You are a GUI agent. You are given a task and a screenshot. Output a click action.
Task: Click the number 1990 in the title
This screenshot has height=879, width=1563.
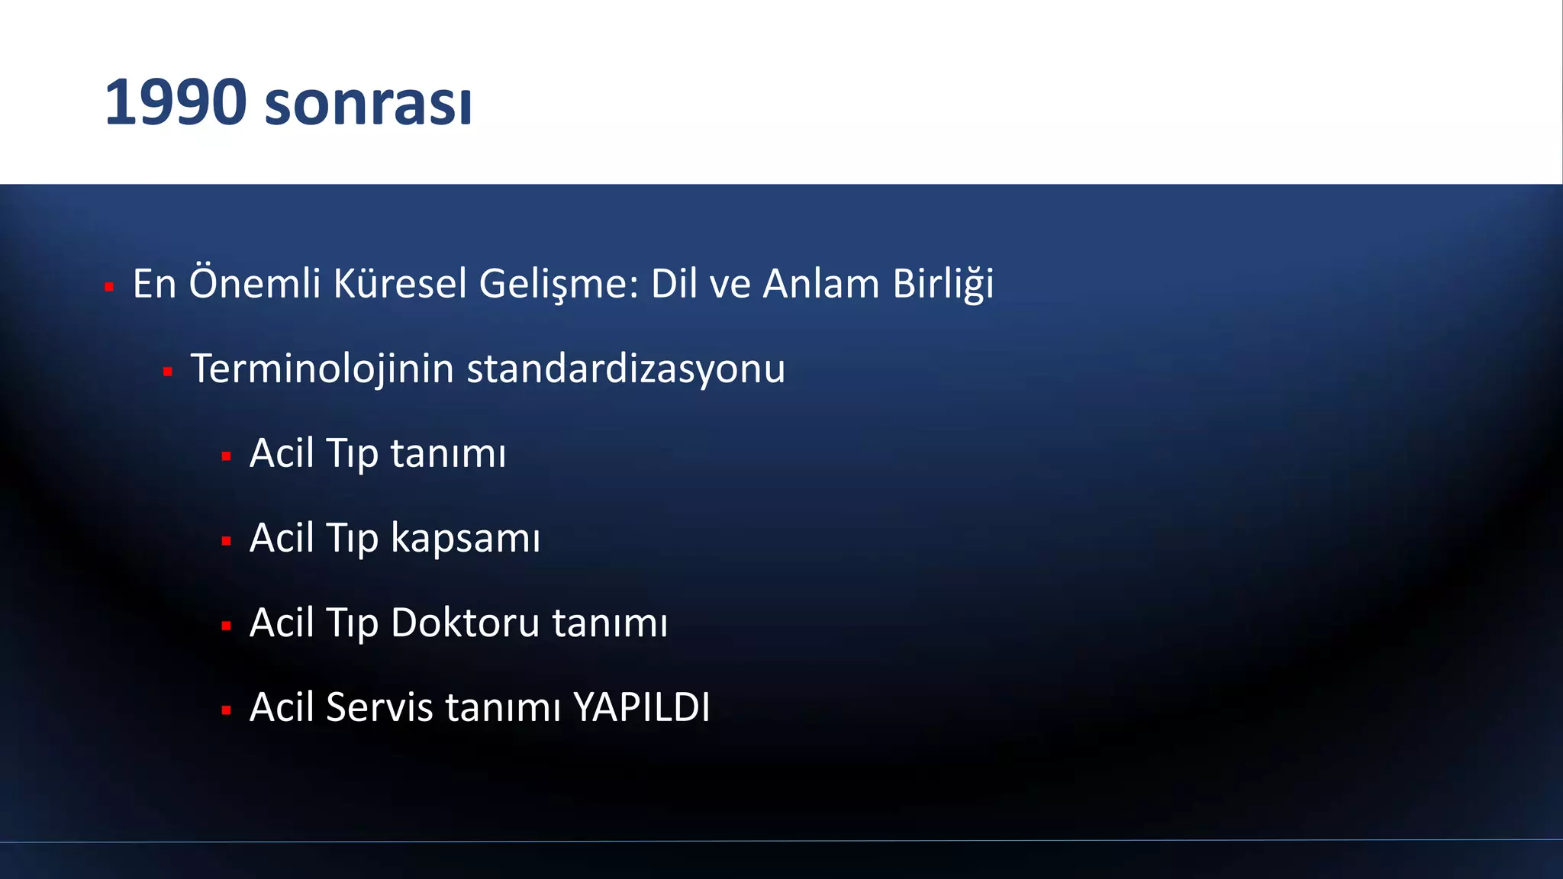coord(176,102)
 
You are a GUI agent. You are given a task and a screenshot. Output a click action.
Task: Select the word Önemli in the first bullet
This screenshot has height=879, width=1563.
coord(255,283)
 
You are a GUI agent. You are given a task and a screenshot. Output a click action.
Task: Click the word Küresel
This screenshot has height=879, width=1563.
coord(400,283)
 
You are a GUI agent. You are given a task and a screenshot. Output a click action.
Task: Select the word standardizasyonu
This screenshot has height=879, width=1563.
coord(626,369)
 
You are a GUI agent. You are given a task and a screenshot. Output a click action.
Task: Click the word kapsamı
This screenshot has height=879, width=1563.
coord(466,538)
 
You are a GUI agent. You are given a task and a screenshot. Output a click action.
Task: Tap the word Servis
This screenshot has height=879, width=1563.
coord(379,707)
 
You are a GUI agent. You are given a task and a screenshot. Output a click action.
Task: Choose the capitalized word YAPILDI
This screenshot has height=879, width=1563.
coord(641,707)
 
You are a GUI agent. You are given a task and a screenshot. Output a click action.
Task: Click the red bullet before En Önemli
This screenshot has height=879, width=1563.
coord(109,288)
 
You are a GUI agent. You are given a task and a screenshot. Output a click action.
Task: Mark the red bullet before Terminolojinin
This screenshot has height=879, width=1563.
coord(167,372)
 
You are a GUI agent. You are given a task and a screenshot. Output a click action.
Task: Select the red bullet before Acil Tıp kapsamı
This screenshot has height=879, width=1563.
coord(226,542)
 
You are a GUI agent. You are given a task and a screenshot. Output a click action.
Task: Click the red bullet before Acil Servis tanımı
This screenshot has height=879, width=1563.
coord(226,711)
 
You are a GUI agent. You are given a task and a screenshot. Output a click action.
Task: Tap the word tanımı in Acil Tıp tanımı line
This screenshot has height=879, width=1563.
coord(448,453)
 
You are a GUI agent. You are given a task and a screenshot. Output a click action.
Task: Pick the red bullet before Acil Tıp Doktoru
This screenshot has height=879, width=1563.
coord(226,626)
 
